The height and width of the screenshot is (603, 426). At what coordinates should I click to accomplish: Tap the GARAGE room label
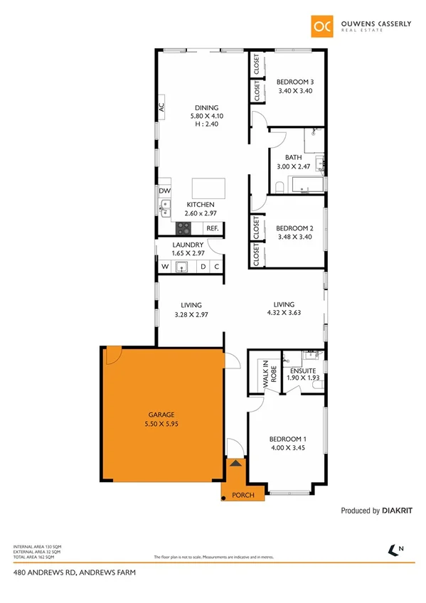[161, 414]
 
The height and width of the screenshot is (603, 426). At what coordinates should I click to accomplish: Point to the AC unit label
[161, 107]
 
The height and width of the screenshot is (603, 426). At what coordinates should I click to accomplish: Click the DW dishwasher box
[165, 191]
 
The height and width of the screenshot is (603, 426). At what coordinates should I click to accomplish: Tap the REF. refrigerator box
[212, 228]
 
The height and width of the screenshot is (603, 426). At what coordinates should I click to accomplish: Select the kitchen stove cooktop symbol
[183, 228]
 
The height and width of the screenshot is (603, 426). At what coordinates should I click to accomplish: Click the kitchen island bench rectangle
[208, 188]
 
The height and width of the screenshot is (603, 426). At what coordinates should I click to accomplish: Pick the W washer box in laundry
[164, 267]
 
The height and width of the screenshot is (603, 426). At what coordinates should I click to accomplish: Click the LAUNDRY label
[188, 245]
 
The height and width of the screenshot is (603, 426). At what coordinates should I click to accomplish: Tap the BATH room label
[293, 158]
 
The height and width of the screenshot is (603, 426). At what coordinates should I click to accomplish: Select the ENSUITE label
[303, 370]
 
